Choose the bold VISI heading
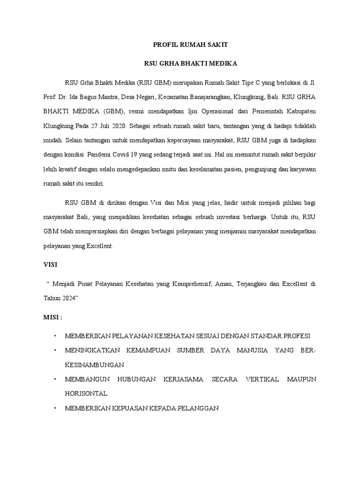point(50,264)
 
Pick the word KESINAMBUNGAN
point(94,364)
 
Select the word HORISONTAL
point(86,393)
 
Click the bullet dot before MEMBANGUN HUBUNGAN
point(54,379)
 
